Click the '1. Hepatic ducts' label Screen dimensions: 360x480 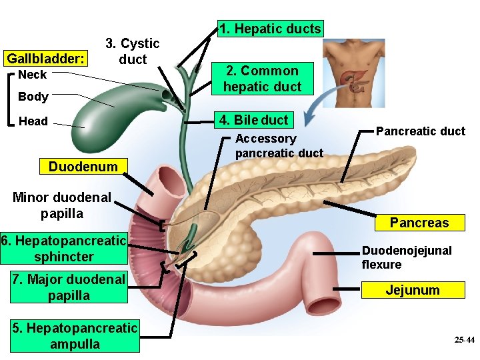(271, 29)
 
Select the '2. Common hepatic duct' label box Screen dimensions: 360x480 (262, 79)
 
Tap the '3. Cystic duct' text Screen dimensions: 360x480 (132, 51)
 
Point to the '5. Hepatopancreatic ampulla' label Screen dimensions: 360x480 (75, 336)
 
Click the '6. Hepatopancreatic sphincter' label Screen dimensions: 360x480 (64, 248)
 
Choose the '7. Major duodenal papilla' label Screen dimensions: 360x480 (69, 287)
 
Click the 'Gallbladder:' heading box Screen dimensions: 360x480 (46, 59)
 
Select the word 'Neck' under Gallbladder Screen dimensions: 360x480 (32, 75)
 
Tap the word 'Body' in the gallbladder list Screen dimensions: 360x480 (33, 97)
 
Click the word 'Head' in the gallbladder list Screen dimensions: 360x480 (33, 121)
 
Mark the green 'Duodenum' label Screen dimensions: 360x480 (83, 166)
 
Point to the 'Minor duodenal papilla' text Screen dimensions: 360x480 (61, 205)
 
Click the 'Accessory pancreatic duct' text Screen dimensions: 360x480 (279, 145)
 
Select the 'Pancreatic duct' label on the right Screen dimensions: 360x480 (420, 131)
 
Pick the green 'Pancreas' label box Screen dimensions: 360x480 (419, 222)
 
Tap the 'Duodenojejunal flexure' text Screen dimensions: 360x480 (407, 257)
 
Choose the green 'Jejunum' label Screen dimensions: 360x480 (413, 290)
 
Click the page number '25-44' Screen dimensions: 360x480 (464, 340)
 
